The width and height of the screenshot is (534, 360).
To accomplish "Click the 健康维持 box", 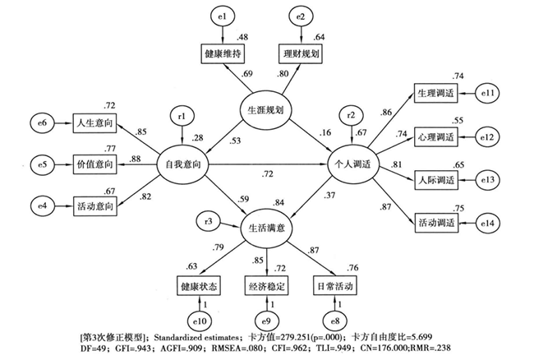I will click(223, 55).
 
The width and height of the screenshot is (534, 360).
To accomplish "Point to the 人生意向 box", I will click(94, 124).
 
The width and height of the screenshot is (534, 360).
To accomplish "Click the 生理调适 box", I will click(437, 94).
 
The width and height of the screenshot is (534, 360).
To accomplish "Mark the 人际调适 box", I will click(437, 180).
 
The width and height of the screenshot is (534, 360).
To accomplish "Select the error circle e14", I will click(491, 223).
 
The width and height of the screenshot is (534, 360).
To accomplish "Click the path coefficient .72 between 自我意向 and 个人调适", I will click(267, 175).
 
